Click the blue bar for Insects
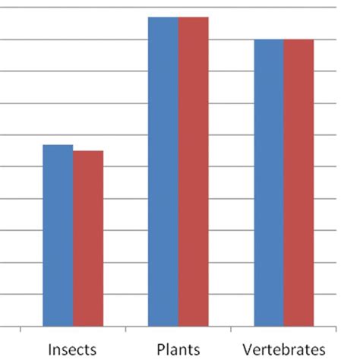pos(58,235)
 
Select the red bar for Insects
pos(88,238)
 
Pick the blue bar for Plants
pos(163,172)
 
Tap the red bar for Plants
pos(194,172)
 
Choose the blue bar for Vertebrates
pos(269,183)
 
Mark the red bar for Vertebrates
pos(298,183)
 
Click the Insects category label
pos(72,349)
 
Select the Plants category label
pos(178,349)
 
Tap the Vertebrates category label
pos(283,349)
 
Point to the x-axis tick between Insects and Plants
pos(125,330)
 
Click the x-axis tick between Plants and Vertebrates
pos(231,330)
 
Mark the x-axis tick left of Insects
pos(20,330)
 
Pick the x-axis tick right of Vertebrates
pos(336,330)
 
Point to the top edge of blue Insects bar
pos(58,145)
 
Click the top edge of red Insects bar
pos(88,151)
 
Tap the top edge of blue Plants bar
pos(163,17)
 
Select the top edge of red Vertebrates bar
pos(298,39)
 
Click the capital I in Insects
pos(50,349)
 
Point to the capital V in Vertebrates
pos(248,349)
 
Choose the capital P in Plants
pos(160,349)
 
